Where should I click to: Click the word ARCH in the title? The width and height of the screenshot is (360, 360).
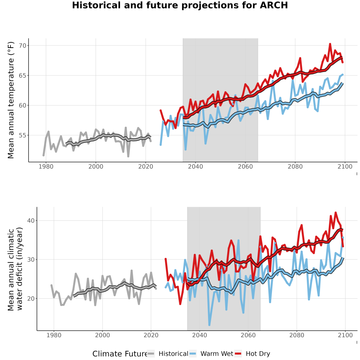coord(274,5)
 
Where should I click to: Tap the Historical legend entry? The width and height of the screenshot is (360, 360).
coord(167,354)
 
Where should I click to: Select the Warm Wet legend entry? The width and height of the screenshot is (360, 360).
coord(211,354)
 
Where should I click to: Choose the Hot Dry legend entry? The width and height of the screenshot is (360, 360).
coord(252,354)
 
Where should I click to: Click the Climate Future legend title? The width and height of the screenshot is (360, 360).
coord(120,354)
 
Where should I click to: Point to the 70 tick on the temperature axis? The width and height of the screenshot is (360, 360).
coord(23,46)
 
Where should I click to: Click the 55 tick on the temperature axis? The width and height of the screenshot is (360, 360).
coord(23,135)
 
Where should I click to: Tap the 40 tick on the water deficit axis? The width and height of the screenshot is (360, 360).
coord(31,220)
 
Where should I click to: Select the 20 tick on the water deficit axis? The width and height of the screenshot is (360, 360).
coord(31,298)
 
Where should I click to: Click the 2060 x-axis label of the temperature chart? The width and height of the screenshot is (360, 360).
coord(245,166)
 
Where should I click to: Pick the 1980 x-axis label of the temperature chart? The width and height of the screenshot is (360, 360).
coord(46,166)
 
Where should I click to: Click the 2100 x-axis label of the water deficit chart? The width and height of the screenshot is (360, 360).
coord(345,335)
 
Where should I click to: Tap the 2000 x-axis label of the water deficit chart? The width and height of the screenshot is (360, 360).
coord(102,335)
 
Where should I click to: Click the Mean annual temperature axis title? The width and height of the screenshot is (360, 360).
coord(11,100)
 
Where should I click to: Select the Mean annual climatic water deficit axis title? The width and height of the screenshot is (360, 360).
coord(15,269)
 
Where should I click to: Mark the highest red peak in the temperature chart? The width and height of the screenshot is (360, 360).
coord(330,44)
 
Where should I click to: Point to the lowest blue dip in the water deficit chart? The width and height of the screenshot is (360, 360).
coord(209,325)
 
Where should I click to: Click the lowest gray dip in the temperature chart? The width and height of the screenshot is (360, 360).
coord(128,156)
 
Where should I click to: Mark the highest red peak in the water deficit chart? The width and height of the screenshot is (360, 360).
coord(336,212)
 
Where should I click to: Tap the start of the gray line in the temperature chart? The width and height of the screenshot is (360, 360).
coord(43,156)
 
